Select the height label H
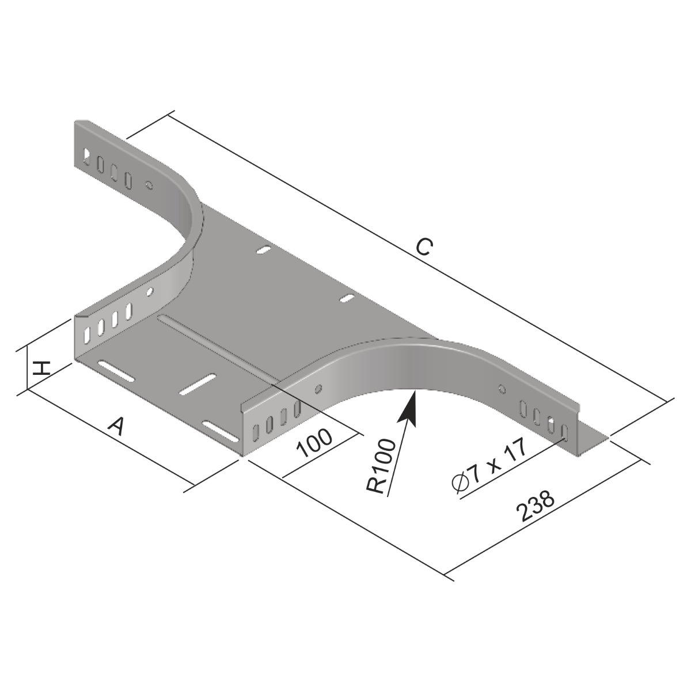click(x=40, y=369)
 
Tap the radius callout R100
click(x=381, y=467)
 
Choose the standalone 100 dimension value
click(x=315, y=443)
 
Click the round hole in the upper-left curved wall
click(x=149, y=185)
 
